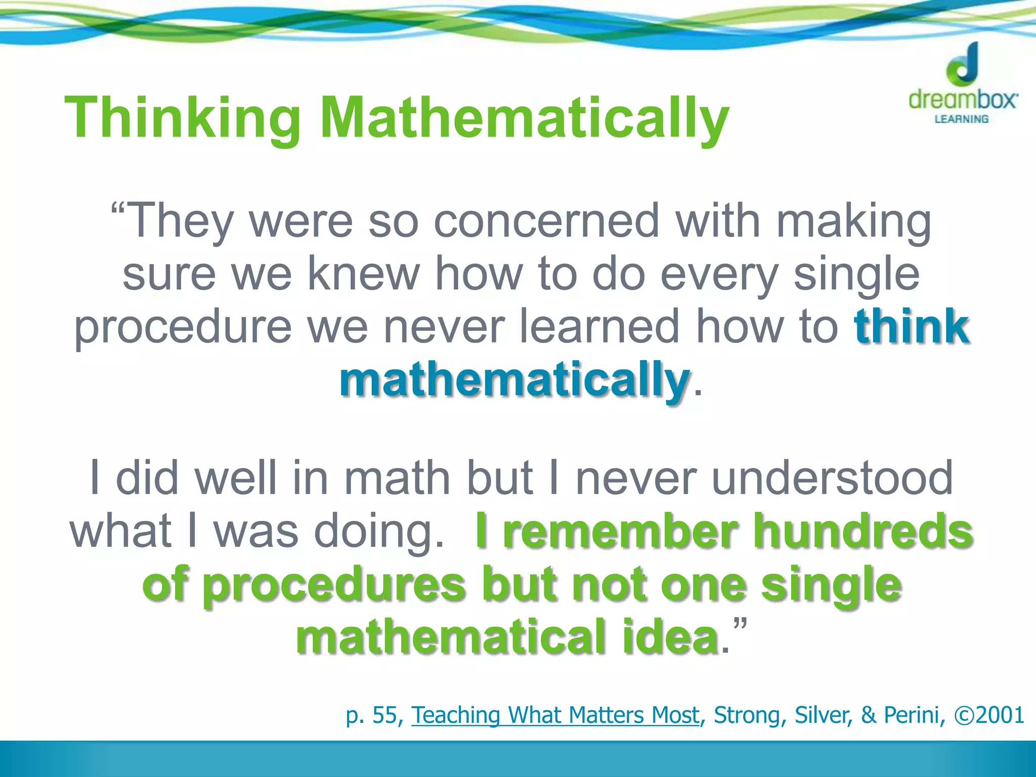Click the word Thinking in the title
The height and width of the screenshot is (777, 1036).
click(x=183, y=119)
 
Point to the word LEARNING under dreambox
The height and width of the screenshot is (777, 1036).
click(x=961, y=119)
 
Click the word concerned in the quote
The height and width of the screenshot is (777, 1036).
click(x=547, y=221)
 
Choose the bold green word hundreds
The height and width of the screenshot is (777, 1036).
click(x=863, y=531)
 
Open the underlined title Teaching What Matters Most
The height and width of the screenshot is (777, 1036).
click(x=555, y=715)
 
